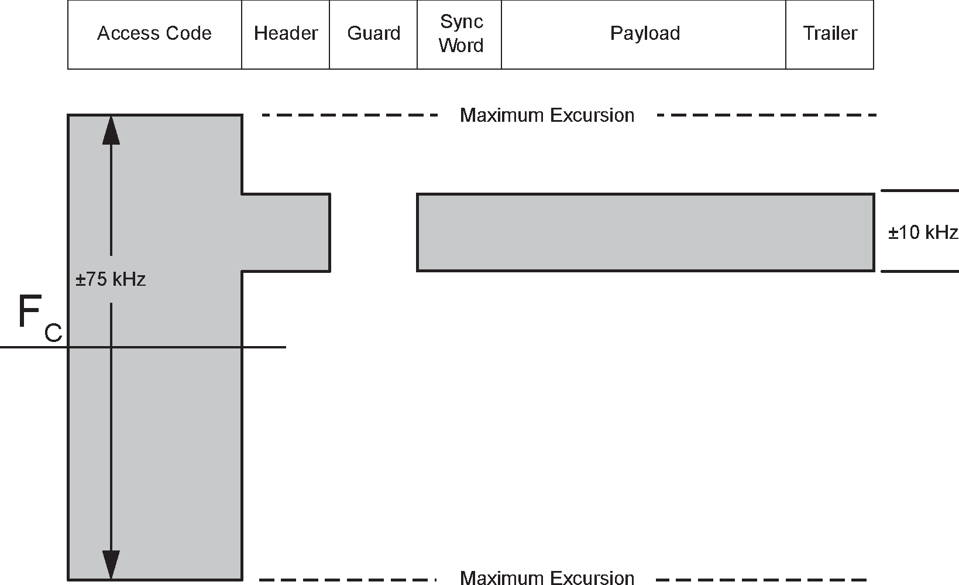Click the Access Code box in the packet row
tap(154, 34)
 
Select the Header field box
tap(286, 34)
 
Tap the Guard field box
tap(373, 34)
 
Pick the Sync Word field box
tap(460, 34)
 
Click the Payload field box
tap(644, 34)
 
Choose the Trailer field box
tap(830, 34)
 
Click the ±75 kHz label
tap(111, 279)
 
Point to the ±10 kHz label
tap(923, 232)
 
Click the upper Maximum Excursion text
tap(547, 115)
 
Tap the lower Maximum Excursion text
tap(547, 578)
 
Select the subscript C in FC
tap(53, 333)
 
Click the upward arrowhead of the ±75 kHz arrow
tap(111, 130)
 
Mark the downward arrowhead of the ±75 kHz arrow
tap(111, 565)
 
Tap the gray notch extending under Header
tap(286, 232)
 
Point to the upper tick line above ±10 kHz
tap(919, 191)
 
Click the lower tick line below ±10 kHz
tap(919, 272)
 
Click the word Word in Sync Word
tap(461, 46)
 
